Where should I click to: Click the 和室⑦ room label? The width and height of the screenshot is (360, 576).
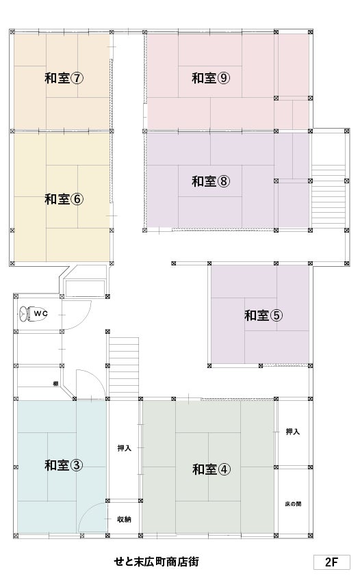[x=64, y=78]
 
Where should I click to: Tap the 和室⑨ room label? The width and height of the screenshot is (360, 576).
[x=211, y=78]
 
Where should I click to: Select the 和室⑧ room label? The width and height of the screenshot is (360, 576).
[x=211, y=181]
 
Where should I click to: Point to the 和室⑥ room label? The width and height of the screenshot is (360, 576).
[x=64, y=199]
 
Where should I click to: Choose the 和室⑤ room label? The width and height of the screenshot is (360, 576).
[x=263, y=315]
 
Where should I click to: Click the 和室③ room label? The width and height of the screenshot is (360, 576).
[x=64, y=465]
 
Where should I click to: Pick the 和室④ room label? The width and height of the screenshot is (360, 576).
[x=211, y=469]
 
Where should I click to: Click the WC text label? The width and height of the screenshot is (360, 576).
[x=40, y=314]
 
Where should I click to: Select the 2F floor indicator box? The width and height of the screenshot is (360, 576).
[x=331, y=562]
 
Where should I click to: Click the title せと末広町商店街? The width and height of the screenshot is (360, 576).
[x=157, y=562]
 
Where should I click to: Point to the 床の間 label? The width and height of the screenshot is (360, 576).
[x=293, y=504]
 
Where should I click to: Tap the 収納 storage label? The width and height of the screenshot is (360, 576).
[x=124, y=519]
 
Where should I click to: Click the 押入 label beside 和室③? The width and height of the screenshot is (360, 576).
[x=124, y=448]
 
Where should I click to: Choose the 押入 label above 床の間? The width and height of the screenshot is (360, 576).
[x=293, y=432]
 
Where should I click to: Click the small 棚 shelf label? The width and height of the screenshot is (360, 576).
[x=56, y=384]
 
